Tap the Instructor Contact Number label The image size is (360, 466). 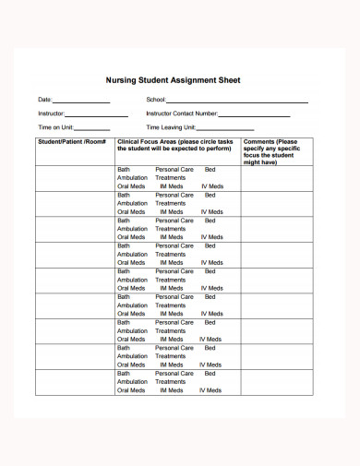(x=182, y=114)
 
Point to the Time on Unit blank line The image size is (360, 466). (x=91, y=129)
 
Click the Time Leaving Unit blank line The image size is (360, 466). (x=225, y=129)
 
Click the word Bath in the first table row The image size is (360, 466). (x=124, y=170)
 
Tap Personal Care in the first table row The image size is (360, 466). (x=174, y=170)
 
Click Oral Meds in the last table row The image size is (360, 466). (x=131, y=390)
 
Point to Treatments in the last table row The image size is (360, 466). (x=171, y=381)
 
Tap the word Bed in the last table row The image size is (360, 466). (x=210, y=374)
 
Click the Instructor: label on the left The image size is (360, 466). (x=52, y=114)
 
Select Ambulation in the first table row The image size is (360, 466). (x=132, y=177)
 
